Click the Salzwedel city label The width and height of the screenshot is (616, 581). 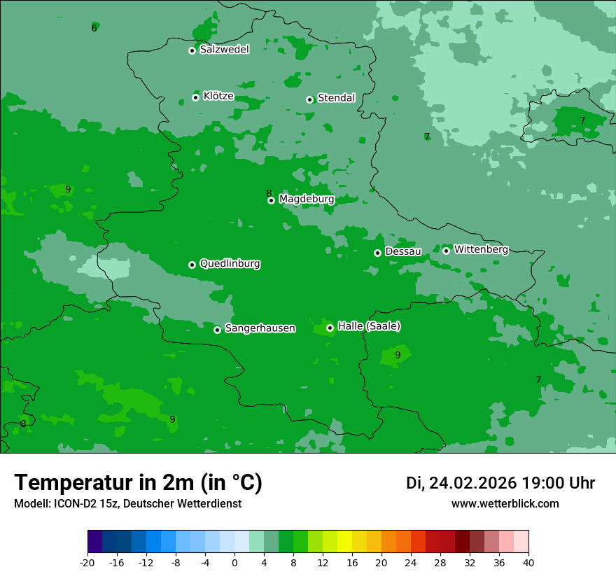coord(224,50)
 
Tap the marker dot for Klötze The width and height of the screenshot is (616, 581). coord(196,97)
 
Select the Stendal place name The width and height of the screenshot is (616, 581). coord(336,98)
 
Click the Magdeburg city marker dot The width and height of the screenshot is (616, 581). coord(272,200)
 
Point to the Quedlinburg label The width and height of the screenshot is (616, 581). coord(230,264)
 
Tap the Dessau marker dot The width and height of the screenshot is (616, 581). coord(378,253)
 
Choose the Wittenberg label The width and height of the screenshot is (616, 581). coord(481,249)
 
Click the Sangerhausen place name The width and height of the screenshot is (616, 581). coord(260,328)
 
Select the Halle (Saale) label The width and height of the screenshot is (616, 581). coord(369,326)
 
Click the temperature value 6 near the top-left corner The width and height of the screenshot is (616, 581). coord(94,28)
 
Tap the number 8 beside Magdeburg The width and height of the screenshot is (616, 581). coord(269,193)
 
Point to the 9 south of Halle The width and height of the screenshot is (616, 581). coord(398,355)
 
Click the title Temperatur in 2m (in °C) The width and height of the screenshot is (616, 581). coord(138,482)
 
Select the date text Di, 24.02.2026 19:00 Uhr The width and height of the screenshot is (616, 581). coord(500,483)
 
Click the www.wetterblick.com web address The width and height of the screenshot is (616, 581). coord(505,503)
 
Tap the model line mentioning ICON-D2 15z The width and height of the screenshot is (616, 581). coord(127,503)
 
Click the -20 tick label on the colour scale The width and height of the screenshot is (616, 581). coord(87,562)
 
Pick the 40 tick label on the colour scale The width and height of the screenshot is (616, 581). coord(528,562)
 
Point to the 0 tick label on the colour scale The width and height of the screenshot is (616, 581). coord(234,562)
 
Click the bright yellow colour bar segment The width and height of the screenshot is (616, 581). coord(344,542)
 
